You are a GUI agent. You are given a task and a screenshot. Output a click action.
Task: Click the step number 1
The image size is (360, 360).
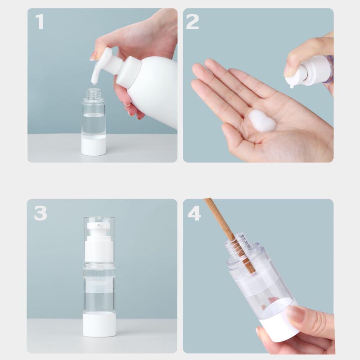pyautogui.click(x=40, y=21)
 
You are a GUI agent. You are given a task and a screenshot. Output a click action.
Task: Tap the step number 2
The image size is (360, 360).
pyautogui.click(x=192, y=21)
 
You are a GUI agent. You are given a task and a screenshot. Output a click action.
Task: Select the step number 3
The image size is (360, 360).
pyautogui.click(x=40, y=213)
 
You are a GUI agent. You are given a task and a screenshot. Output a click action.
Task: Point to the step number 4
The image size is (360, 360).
pyautogui.click(x=194, y=213)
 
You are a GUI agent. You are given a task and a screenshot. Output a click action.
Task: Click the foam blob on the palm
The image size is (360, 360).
pyautogui.click(x=262, y=121)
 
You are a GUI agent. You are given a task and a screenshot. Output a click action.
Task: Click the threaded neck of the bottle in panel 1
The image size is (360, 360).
pyautogui.click(x=94, y=94)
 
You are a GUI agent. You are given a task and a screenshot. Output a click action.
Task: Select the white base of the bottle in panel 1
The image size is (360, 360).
pyautogui.click(x=94, y=146)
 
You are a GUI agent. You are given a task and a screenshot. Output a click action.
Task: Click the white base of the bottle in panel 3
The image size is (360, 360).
pyautogui.click(x=99, y=325)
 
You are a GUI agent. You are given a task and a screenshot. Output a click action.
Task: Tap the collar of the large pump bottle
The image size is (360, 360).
pyautogui.click(x=128, y=71)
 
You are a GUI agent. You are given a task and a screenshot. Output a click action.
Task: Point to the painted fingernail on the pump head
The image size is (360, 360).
pyautogui.click(x=94, y=55)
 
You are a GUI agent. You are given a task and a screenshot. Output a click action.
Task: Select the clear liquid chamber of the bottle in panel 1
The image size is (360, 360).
pyautogui.click(x=94, y=125)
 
